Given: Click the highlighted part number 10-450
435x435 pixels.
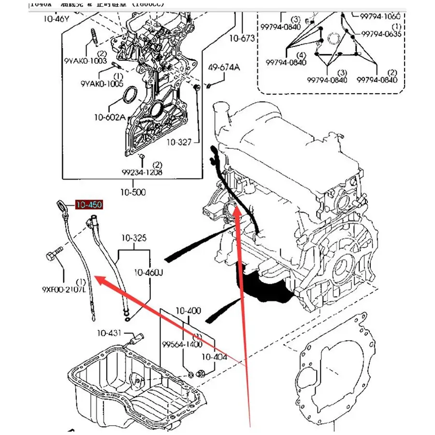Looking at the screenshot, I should pos(88,205).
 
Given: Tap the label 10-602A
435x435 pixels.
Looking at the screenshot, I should pos(110,117).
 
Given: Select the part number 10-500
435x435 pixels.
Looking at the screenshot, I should pos(133,192).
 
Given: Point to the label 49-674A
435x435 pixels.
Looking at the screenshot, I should pos(224,67).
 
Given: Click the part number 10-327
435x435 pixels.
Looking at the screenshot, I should pos(180,142).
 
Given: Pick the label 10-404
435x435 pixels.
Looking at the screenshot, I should pos(214,357).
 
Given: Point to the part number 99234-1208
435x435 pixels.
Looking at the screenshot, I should pos(142,172).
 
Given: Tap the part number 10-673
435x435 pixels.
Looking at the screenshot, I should pos(242,38).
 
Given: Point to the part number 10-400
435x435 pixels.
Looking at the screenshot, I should pos(188,310).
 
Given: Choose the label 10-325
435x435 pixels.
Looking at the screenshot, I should pos(134,238).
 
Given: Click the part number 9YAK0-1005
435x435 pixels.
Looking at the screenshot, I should pos(103,84).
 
